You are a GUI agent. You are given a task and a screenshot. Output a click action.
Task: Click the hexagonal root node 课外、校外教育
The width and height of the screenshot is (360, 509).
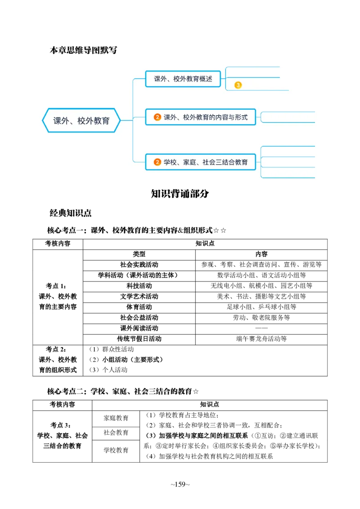(x=81, y=121)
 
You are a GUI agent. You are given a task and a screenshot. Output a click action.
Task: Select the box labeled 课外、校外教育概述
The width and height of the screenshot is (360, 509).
(x=183, y=79)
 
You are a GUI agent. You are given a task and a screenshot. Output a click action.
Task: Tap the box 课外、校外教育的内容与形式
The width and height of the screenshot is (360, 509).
(x=200, y=117)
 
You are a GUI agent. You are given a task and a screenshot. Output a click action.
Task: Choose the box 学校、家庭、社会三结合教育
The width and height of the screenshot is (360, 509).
(x=200, y=162)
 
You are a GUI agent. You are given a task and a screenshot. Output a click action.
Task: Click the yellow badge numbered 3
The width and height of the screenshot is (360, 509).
(x=238, y=85)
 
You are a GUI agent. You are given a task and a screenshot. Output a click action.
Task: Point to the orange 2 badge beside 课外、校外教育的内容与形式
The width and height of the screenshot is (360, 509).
(x=157, y=117)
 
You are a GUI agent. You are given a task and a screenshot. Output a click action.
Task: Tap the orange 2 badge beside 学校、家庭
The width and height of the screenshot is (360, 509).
(x=157, y=162)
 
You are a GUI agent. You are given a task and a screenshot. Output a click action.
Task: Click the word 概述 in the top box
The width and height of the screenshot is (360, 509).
(x=206, y=79)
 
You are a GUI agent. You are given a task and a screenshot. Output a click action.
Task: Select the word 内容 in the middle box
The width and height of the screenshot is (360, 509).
(x=222, y=117)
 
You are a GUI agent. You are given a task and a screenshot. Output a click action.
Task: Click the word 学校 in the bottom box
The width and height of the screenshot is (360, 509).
(x=170, y=162)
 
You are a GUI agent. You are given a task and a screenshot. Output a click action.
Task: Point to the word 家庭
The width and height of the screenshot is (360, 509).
(x=189, y=162)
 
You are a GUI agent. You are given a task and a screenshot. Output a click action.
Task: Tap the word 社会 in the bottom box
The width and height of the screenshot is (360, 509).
(x=209, y=162)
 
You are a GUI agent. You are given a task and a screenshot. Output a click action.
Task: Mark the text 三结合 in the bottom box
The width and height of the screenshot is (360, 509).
(x=225, y=162)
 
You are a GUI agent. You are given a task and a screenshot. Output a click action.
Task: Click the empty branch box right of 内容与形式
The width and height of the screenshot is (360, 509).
(x=288, y=117)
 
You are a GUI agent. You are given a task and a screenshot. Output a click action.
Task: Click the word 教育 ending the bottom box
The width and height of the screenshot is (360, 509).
(x=241, y=162)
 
